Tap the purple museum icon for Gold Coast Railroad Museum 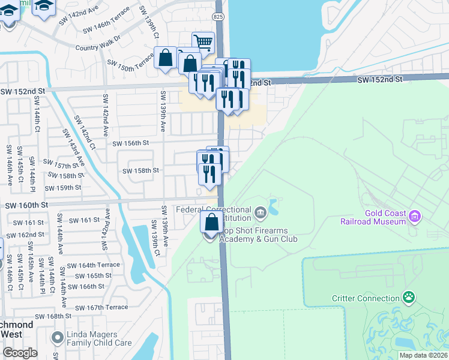coord(414,215)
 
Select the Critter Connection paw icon coord(409,296)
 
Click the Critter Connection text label coord(366,298)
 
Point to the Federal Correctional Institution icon coord(261,212)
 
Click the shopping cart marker coord(204,43)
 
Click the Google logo coord(20,353)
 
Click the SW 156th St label coord(130,143)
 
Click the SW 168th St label coord(53,316)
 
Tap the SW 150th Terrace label coord(130,62)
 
